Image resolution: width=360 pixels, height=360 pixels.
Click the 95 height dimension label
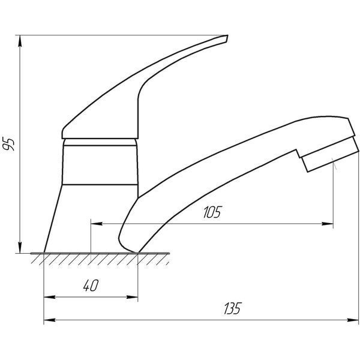coord(8,144)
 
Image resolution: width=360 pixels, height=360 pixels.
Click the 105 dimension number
coord(212,212)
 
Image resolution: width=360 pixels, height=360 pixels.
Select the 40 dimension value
coord(91,286)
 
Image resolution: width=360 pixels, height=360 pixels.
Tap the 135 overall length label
coord(233,308)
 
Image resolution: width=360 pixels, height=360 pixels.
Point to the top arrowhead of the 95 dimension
coord(20,41)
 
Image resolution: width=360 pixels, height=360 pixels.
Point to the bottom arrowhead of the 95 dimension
coord(20,247)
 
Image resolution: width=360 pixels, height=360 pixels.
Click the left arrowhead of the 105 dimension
coord(97,224)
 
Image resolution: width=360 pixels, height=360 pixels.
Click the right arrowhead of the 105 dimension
coord(328,224)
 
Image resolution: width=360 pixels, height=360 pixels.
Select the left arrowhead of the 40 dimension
coord(49,297)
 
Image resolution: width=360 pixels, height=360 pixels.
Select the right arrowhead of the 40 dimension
coord(132,297)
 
